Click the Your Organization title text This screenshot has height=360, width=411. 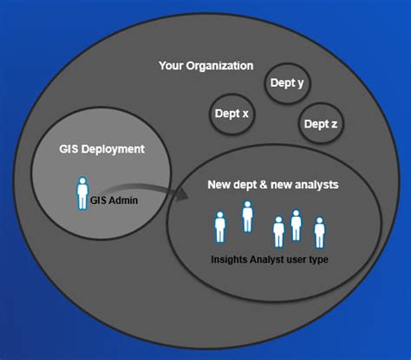point(205,65)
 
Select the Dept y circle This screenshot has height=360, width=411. point(288,84)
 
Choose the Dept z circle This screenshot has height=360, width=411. point(321,123)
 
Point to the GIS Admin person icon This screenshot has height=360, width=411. point(83,193)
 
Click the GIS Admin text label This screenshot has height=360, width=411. point(114,199)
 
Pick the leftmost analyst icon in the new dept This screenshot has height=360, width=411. point(219,226)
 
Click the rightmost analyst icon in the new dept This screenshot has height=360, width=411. point(319,232)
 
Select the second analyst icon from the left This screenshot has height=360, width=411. point(247,216)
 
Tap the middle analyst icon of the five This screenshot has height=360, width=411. point(278,232)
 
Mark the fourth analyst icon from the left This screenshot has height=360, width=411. point(297,225)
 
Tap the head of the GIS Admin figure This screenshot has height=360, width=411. point(83,180)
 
